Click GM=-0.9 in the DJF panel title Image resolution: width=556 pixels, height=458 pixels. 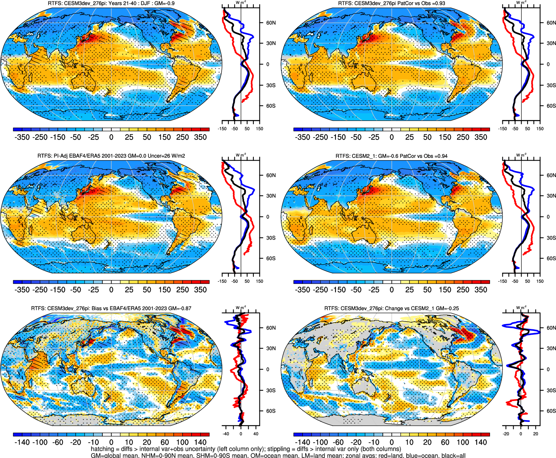(165, 3)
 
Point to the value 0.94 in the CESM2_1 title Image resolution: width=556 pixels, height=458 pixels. (442, 156)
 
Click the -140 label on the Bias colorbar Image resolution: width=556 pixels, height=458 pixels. (22, 442)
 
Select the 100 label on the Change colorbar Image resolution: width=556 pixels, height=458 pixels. (463, 442)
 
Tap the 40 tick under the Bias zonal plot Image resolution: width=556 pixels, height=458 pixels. (256, 434)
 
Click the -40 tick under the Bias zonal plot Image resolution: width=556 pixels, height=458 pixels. (226, 434)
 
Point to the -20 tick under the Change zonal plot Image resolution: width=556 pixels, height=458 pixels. (506, 434)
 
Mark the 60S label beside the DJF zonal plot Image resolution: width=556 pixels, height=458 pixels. (271, 106)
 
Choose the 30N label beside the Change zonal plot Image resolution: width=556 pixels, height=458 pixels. (551, 348)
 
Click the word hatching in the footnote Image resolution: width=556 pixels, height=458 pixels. (102, 449)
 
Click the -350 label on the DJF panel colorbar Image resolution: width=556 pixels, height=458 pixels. (22, 137)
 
